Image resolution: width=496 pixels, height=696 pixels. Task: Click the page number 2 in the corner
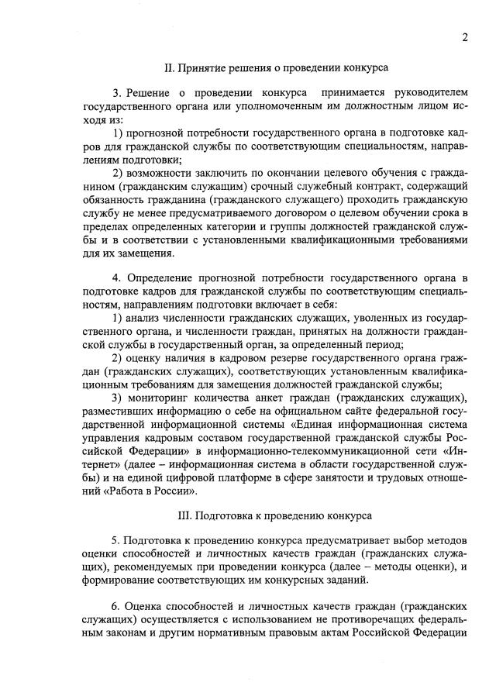[x=464, y=36]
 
